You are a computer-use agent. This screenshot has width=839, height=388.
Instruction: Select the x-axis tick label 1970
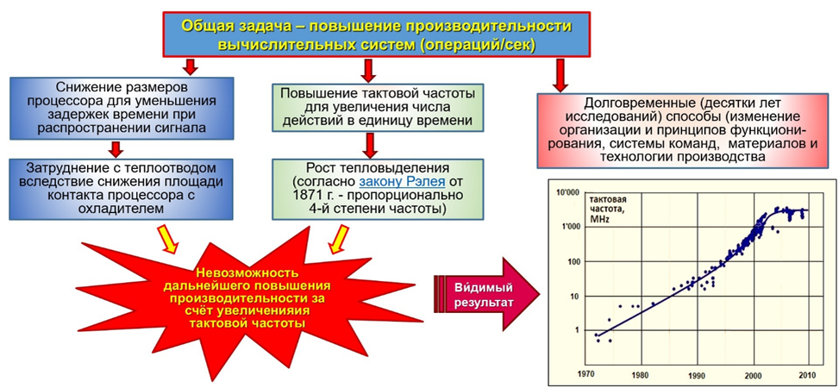coord(586,374)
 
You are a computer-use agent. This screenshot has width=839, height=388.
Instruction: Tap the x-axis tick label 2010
coord(809,374)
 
